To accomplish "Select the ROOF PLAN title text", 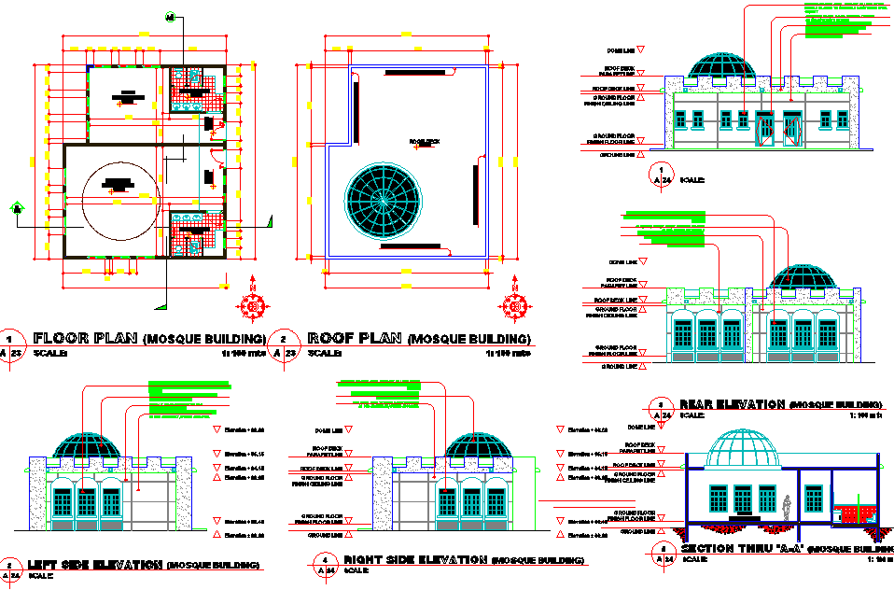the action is click(x=356, y=338).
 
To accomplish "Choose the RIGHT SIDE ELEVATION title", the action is click(x=415, y=559).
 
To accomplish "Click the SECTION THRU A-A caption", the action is click(x=742, y=549).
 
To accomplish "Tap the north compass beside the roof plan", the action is click(x=514, y=304).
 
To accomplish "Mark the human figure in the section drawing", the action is click(x=789, y=506).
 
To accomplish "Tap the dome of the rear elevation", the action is click(x=801, y=277).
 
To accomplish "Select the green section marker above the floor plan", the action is click(x=170, y=17).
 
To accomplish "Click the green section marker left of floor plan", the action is click(x=16, y=208).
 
